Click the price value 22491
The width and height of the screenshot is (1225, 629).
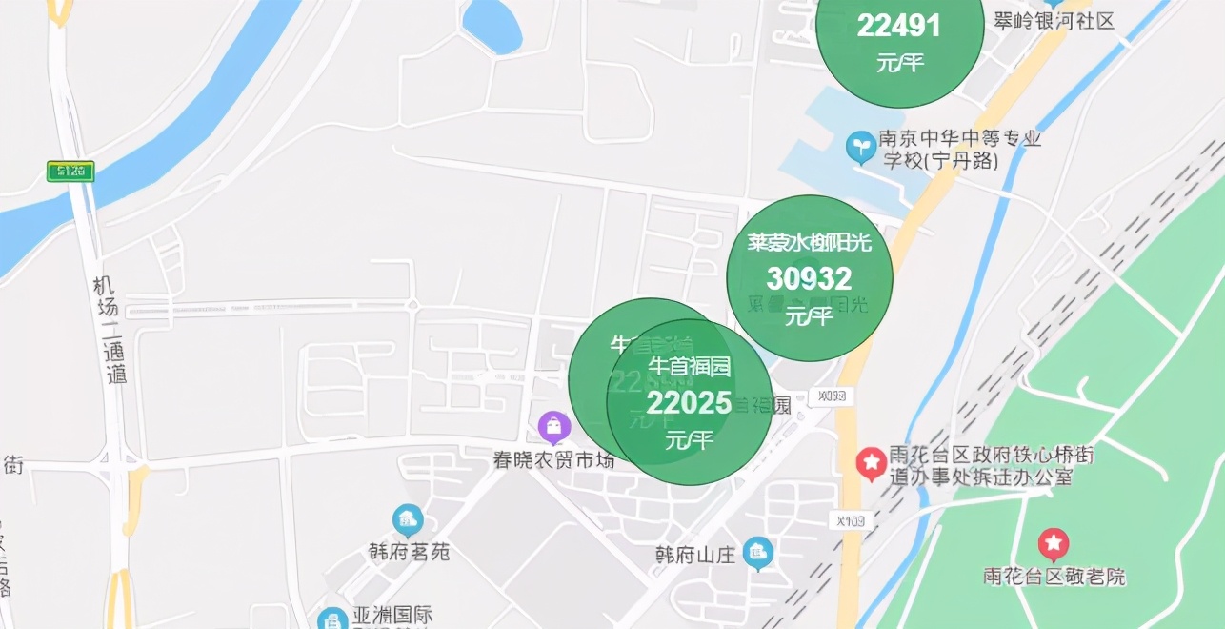point(899,26)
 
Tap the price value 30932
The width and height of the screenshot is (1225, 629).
point(809,279)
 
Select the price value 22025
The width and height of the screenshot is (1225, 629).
point(689,403)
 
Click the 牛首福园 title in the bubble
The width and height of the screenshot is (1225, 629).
point(689,366)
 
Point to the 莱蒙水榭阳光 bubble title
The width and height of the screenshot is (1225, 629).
point(809,243)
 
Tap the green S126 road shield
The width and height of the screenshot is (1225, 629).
point(70,172)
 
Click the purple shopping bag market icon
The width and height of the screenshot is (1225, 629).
point(553,427)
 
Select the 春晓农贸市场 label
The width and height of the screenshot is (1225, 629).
point(553,459)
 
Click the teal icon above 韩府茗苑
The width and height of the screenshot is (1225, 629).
point(408,520)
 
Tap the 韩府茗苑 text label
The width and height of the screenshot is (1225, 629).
point(409,552)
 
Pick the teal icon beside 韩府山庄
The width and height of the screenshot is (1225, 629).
point(758,551)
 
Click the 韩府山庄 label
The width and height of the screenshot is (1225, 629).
point(695,555)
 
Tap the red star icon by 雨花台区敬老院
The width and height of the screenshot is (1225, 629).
point(1054,544)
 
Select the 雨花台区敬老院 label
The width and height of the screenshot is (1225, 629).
point(1054,577)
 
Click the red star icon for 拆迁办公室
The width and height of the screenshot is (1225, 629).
point(871,463)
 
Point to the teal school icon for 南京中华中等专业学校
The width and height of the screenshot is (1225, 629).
point(861,146)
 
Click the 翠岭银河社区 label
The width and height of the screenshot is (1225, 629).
point(1054,21)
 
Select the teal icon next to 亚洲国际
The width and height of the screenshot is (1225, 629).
point(332,619)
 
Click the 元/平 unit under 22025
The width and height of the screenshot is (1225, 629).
point(689,440)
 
